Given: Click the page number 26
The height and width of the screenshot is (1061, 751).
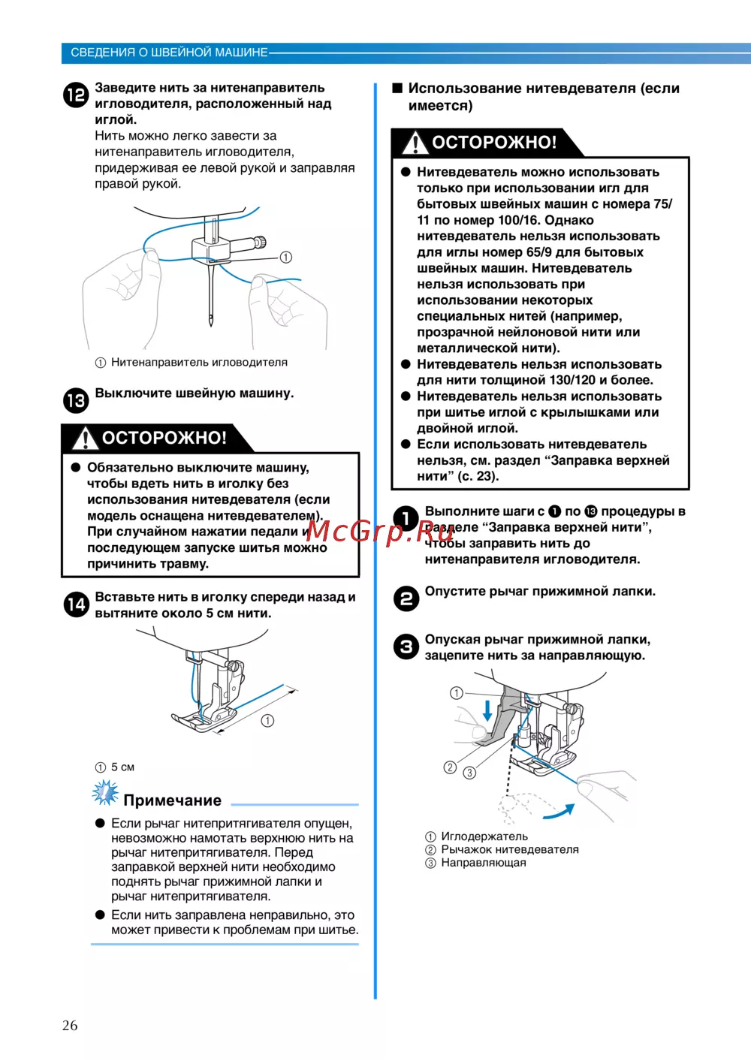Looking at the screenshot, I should pos(70,1025).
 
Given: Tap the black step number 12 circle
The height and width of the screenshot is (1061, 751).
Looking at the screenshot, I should pos(76,95).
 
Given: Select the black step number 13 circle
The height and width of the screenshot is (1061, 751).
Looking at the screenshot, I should pos(76,400).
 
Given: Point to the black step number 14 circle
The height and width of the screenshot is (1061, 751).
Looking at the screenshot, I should pos(76,604).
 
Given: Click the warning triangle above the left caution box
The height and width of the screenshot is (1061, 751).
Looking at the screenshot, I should pos(85,438).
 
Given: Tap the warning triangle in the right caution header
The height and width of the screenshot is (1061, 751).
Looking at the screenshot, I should pos(415,143).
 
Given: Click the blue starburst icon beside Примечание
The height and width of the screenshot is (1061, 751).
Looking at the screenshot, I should pos(105,793).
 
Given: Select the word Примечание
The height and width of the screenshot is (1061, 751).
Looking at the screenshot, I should pos(172,800).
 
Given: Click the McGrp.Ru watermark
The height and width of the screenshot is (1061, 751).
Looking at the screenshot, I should pos(380,532).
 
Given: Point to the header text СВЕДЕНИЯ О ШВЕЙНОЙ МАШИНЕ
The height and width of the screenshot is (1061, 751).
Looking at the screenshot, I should pos(169,53).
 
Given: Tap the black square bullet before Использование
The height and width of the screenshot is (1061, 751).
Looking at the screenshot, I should pos(397,88).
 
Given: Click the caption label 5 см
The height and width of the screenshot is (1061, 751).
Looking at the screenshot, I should pos(122,767).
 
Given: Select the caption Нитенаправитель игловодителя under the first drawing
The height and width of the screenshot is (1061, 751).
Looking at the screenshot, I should pos(199,362).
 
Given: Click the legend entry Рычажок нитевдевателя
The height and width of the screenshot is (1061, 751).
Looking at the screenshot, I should pos(509,849).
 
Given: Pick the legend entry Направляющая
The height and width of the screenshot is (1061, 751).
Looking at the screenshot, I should pos(483,863).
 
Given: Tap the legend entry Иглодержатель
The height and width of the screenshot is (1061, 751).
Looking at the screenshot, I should pos(484,836).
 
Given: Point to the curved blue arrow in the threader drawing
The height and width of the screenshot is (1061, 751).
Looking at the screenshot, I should pos(559,812).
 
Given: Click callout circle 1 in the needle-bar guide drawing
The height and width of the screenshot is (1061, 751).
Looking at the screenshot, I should pos(285,258).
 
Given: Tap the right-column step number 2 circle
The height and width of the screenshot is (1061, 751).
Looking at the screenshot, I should pos(406,598).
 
